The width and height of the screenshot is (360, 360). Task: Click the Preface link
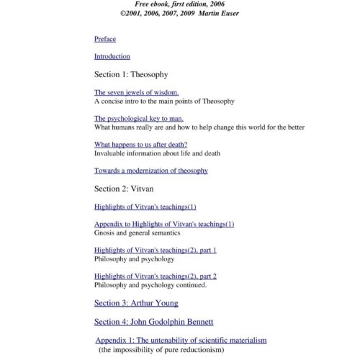[105, 39]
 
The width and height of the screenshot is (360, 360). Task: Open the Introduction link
[112, 56]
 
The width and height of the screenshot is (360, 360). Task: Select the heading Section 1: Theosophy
[131, 74]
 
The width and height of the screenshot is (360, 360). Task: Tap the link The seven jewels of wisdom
[136, 93]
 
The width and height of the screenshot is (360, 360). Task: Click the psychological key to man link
[139, 118]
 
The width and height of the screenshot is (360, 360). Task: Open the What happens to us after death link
[141, 145]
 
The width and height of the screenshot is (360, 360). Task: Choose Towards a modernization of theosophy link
[151, 171]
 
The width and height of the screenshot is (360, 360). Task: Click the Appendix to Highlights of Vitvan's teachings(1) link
[164, 224]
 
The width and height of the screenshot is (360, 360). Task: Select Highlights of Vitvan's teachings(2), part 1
[156, 250]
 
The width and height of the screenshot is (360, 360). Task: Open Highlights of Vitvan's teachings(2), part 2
[156, 276]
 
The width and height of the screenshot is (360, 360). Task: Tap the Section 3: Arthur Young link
[136, 303]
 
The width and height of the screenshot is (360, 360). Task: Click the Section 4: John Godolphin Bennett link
[154, 321]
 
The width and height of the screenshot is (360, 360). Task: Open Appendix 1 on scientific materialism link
[181, 340]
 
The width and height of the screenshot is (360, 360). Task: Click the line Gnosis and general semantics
[138, 233]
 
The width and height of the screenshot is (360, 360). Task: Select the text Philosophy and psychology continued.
[150, 284]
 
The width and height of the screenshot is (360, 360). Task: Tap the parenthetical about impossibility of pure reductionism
[161, 349]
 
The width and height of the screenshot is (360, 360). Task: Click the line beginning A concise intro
[164, 102]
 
